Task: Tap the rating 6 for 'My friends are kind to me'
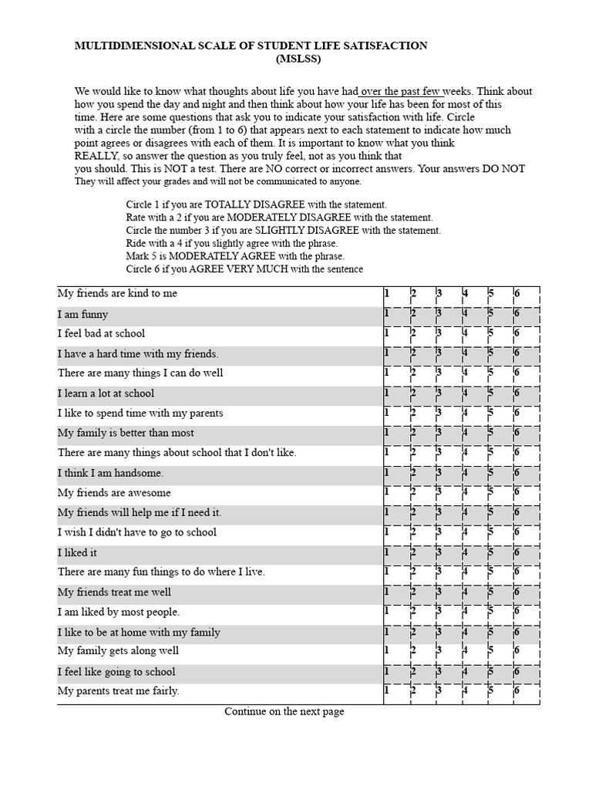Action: [x=516, y=294]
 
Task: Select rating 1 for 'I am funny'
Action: [x=387, y=314]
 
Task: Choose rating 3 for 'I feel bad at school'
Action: [x=439, y=334]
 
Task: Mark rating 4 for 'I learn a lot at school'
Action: [x=465, y=393]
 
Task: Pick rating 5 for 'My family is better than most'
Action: [x=491, y=433]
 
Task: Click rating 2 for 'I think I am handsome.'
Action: [x=413, y=473]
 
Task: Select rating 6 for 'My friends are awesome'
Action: [x=516, y=493]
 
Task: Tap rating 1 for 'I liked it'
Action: [x=387, y=552]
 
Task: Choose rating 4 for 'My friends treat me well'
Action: [x=465, y=592]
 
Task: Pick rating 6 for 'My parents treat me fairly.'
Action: [x=516, y=691]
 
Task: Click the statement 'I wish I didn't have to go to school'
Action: [x=137, y=532]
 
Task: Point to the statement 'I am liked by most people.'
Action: [x=119, y=612]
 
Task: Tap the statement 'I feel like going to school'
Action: [x=116, y=672]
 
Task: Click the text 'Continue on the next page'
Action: [x=284, y=711]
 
